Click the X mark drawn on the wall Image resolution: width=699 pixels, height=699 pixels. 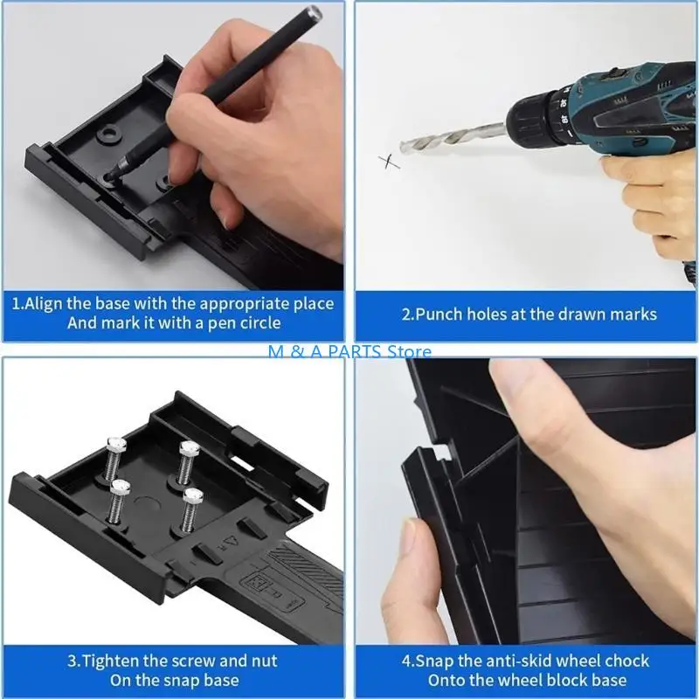pos(388,160)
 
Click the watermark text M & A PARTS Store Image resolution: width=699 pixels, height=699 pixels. pos(349,351)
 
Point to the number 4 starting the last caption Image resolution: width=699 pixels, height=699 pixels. pos(406,660)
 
